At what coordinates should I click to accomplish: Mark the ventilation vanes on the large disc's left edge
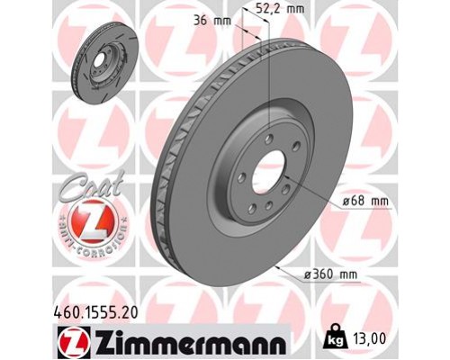click(x=172, y=180)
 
